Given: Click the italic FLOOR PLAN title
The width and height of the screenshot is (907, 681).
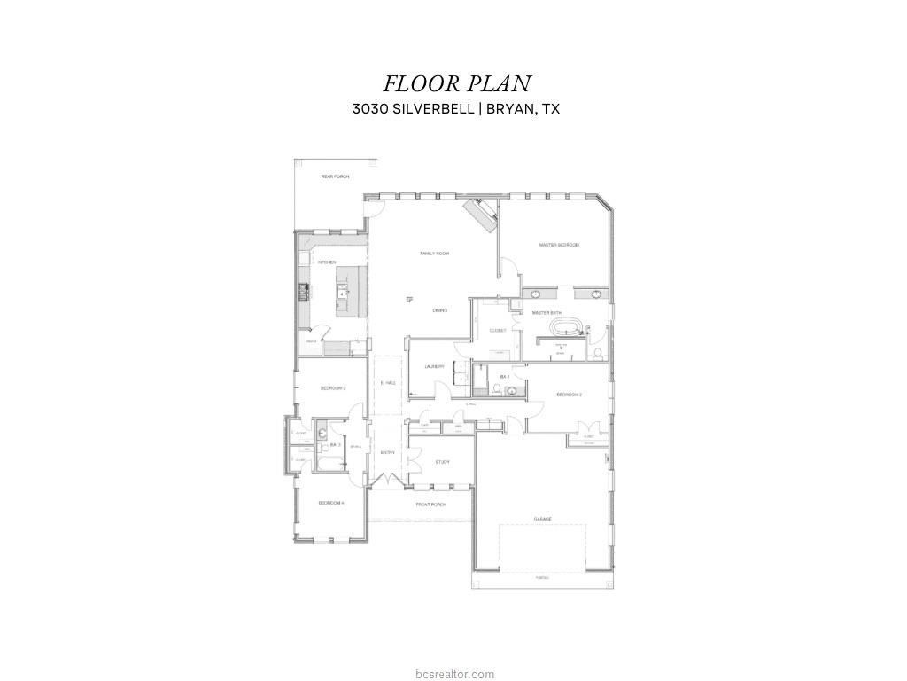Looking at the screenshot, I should point(456,83).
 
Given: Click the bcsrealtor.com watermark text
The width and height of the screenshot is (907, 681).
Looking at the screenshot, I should point(453,675).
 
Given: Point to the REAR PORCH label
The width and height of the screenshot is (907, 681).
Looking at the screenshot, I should point(335,176).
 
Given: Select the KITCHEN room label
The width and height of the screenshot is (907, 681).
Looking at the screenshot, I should point(327,262).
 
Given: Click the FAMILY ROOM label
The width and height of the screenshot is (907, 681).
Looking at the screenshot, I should point(434,254).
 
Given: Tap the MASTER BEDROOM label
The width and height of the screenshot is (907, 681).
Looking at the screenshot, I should point(559,245).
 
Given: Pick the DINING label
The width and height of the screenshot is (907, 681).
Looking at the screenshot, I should point(440,310).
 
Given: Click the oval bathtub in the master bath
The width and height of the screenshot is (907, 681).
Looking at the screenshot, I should point(565,328).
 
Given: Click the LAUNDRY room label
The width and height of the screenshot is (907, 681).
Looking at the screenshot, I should point(433,366).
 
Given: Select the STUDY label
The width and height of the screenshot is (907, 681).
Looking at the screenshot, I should point(442,462).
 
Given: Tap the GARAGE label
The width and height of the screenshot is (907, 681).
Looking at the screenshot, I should point(542,519).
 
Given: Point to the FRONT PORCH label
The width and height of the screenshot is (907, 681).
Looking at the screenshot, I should point(431,505).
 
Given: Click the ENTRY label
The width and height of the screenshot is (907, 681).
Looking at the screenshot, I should point(387,452).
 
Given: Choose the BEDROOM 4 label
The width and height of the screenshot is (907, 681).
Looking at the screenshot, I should point(331,503).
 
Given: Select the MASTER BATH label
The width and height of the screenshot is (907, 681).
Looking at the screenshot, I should point(547,313).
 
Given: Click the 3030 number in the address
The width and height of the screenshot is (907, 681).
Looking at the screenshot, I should point(371,109).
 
